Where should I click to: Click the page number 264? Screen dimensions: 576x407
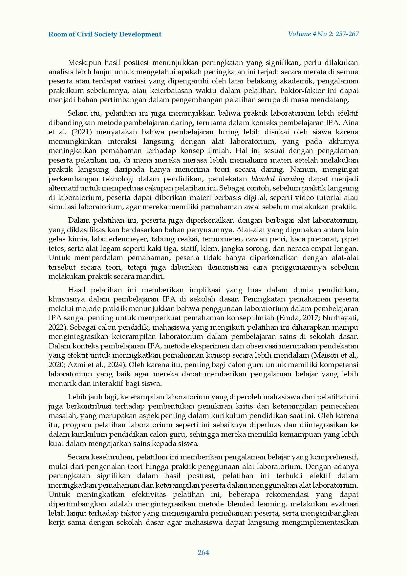pos(203,553)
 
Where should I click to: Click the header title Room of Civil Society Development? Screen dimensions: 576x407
pos(105,34)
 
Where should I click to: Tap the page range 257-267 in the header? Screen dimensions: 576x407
pos(347,34)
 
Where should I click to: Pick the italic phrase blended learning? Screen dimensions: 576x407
pos(278,179)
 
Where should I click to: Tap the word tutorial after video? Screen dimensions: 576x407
pos(323,198)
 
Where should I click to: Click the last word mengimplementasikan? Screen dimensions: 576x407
pos(320,522)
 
